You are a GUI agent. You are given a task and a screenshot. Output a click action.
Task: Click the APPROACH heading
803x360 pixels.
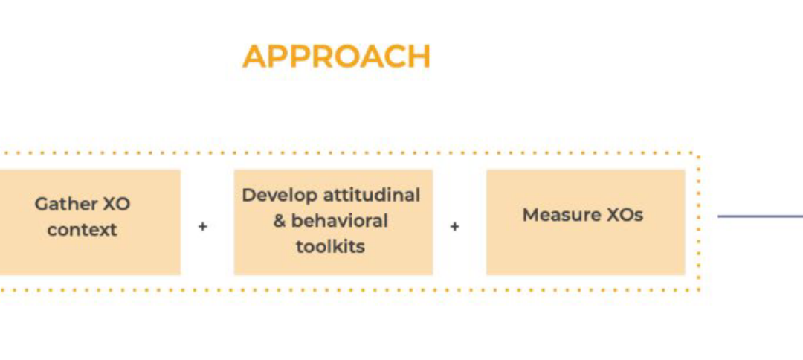336,57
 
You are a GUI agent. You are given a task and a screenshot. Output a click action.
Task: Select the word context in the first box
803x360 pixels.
82,230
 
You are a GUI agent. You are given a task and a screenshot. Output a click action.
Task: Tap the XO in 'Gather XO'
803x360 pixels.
117,205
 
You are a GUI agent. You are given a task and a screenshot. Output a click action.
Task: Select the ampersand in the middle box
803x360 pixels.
279,221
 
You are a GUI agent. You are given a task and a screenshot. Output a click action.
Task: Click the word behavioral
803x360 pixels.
340,221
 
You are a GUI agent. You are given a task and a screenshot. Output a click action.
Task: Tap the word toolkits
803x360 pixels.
330,247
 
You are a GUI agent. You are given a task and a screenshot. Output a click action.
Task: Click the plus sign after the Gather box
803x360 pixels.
203,225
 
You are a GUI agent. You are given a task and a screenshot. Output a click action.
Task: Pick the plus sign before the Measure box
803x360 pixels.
454,225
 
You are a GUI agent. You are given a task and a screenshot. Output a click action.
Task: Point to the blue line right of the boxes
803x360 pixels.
760,216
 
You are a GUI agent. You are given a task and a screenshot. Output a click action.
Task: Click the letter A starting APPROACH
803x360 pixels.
254,57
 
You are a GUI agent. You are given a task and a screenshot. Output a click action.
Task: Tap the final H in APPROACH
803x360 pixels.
419,57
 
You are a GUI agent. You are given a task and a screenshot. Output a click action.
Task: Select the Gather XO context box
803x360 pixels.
90,222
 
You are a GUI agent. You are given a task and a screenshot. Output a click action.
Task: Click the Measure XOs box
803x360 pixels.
585,222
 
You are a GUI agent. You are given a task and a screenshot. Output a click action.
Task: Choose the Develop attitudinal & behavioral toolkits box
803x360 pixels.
333,222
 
